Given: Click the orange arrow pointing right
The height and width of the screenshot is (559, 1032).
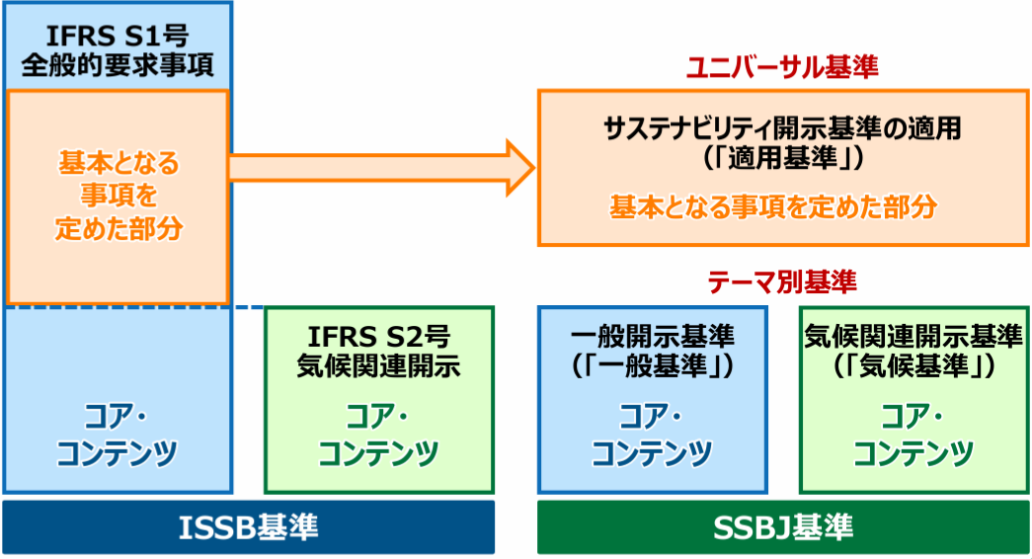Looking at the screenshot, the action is click(382, 168).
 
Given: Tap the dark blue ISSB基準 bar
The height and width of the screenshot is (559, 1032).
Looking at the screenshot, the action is click(249, 527).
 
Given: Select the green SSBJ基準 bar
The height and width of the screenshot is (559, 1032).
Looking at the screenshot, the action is click(783, 527).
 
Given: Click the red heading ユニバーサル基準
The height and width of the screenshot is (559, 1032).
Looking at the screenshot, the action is click(782, 67).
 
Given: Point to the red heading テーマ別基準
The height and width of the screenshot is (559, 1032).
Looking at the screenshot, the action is click(782, 281).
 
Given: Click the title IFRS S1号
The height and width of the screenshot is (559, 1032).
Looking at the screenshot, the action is click(118, 36).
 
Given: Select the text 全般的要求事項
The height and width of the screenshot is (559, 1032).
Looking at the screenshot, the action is click(118, 65).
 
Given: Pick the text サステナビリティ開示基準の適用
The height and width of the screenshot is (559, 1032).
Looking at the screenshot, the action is click(782, 128).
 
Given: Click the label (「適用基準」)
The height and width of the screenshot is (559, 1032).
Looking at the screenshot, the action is click(782, 158).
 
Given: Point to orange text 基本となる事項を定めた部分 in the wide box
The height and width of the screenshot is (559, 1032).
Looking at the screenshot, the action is click(773, 206).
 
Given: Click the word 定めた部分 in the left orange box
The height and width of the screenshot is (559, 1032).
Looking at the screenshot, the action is click(119, 228).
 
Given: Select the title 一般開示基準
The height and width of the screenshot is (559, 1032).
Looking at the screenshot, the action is click(652, 337).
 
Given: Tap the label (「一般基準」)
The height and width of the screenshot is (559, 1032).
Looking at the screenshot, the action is click(652, 366).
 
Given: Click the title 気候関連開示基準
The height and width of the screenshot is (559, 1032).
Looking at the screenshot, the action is click(913, 337).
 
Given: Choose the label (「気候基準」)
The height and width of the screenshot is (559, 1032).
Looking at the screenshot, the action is click(913, 366).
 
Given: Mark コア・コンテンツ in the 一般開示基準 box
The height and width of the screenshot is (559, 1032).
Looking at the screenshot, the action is click(652, 435).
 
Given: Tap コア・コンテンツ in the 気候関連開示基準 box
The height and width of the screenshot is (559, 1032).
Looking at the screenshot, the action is click(913, 435).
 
